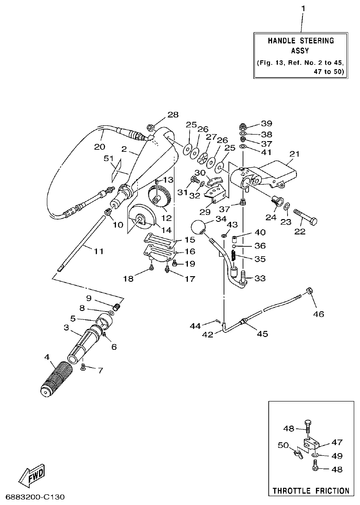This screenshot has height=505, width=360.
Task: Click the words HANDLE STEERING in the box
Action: coord(301,41)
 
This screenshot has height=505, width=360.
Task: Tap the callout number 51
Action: coord(109,159)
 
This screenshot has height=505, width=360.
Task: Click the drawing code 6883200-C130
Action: coord(32,497)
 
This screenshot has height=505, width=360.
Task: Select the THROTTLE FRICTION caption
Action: coord(311,490)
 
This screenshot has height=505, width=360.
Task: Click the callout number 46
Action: coord(318,314)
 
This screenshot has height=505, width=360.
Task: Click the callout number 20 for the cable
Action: coord(99,146)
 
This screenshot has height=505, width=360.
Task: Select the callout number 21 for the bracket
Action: coord(295,154)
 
